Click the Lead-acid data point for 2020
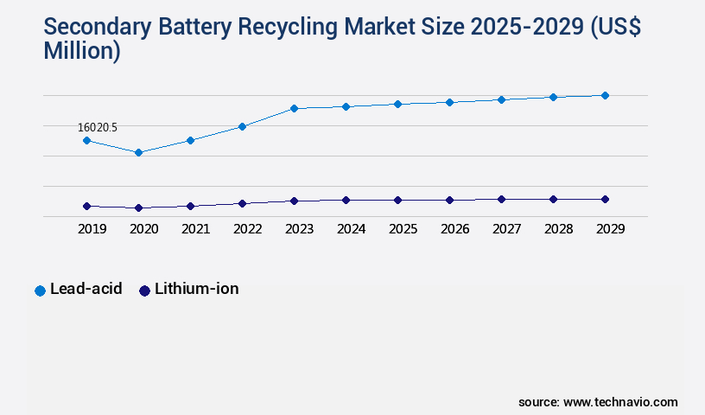138,152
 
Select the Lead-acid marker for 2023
294,108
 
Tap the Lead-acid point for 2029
605,95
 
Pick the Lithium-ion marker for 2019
86,206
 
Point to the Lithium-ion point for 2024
346,200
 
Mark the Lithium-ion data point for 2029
605,199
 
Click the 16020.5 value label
98,127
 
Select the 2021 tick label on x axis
195,229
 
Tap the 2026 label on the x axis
454,229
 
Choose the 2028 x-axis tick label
558,229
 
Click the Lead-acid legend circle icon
40,290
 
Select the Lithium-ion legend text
197,290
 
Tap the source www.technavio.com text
598,402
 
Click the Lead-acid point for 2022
242,126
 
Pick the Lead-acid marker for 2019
86,140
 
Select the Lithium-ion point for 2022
242,203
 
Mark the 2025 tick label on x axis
403,229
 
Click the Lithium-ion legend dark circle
145,290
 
